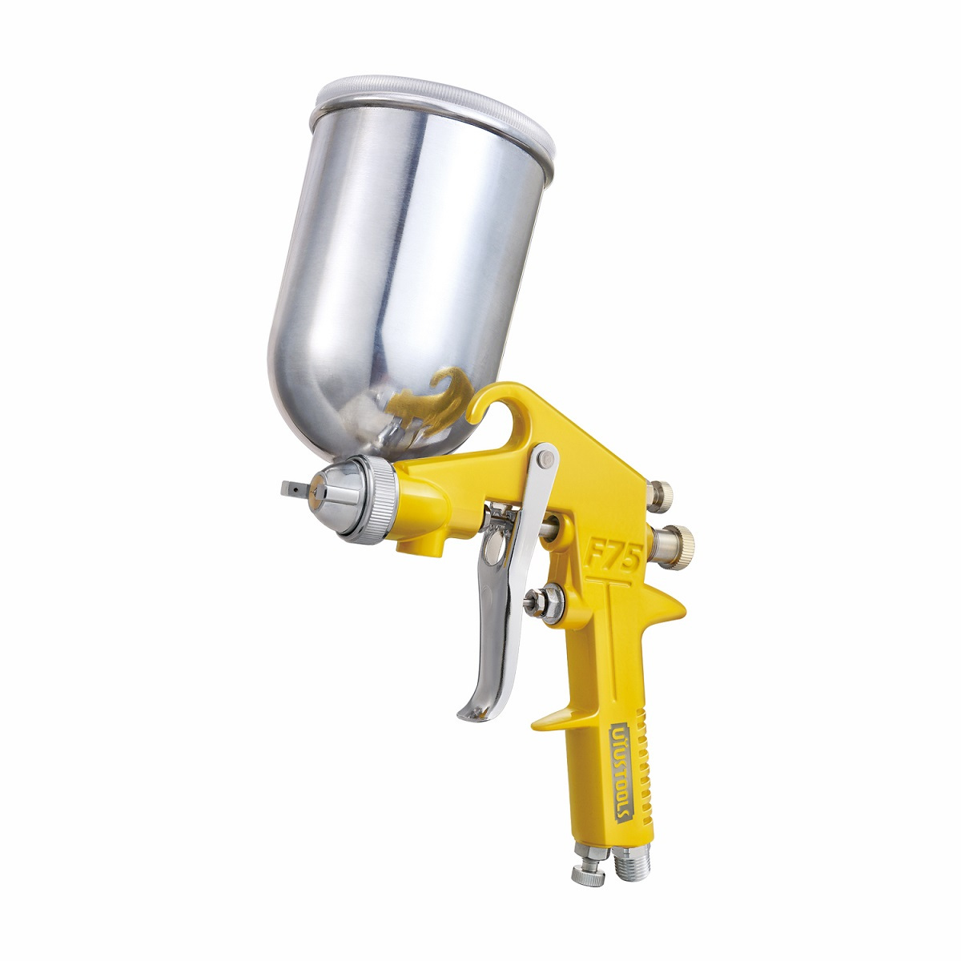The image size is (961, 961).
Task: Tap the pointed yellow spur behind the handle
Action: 671,600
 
